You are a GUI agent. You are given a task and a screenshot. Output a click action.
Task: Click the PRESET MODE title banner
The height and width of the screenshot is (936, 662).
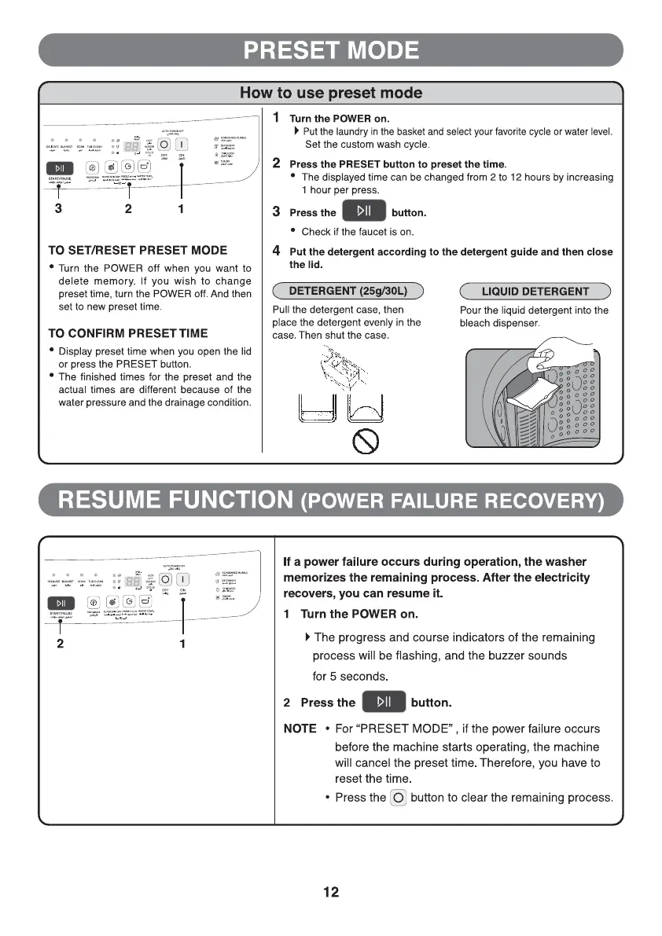point(330,50)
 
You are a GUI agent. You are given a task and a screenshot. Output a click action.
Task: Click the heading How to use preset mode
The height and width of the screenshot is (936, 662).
point(330,93)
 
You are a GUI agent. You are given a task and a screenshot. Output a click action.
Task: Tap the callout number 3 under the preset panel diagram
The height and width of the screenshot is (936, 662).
point(57,209)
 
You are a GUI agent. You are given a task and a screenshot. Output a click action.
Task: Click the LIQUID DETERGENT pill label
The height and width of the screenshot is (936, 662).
point(535,292)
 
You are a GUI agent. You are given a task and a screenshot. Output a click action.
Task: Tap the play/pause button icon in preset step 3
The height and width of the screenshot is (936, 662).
point(363,212)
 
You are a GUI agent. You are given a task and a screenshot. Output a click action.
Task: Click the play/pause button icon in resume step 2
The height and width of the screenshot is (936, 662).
point(383,702)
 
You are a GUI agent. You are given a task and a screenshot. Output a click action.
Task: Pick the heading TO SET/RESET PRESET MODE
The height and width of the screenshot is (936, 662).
point(138,251)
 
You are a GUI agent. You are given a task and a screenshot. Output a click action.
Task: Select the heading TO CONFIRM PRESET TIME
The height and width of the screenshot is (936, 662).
point(128,333)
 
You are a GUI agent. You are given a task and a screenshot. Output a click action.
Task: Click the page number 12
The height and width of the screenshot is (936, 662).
point(330,892)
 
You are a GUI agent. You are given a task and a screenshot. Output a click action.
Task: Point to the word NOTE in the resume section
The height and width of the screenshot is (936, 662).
point(300,729)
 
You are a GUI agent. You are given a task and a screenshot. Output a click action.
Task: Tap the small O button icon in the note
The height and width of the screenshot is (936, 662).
point(399,798)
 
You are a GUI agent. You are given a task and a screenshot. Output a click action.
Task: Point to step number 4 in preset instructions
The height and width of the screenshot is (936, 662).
point(277,251)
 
